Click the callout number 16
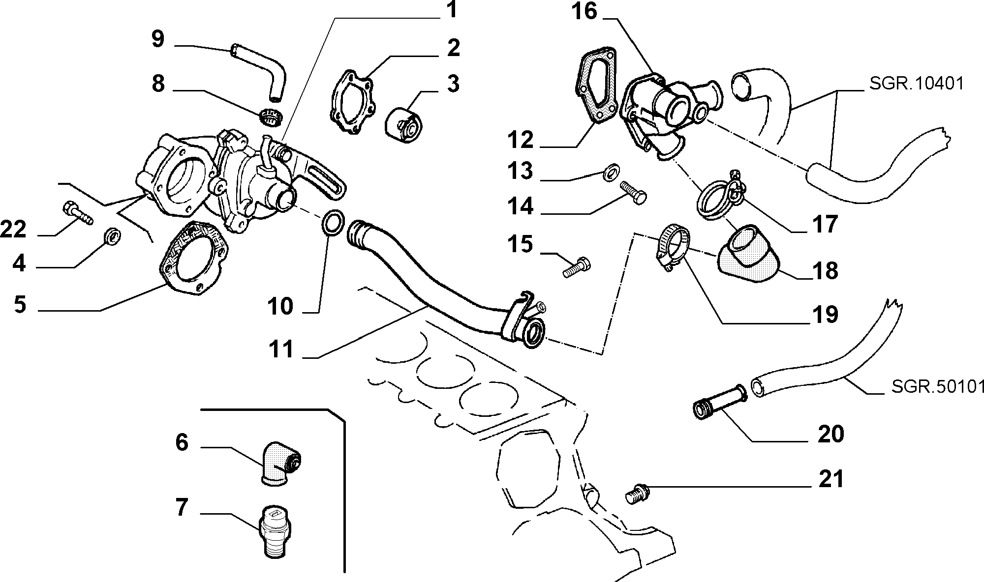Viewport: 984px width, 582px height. coord(584,12)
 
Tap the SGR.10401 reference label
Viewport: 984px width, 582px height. coord(916,84)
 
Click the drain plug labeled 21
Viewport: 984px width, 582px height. coord(637,495)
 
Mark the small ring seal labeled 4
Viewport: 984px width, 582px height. coord(112,236)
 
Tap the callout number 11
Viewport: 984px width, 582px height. coord(281,350)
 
